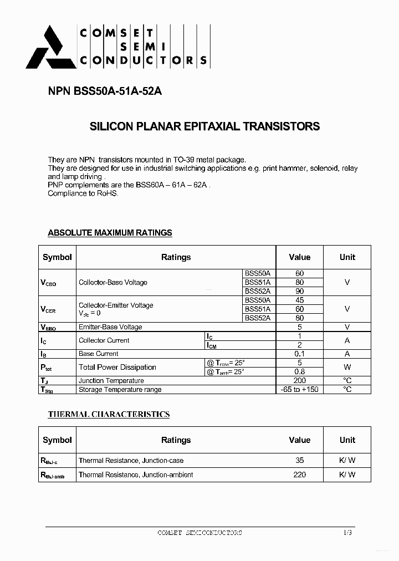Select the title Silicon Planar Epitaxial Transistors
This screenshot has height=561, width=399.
(204, 126)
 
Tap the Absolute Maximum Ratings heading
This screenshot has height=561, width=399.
(110, 233)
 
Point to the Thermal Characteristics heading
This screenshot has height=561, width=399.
(109, 414)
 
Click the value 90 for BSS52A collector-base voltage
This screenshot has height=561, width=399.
(299, 291)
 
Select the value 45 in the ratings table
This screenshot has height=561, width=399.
(299, 300)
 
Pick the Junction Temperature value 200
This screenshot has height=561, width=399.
(299, 381)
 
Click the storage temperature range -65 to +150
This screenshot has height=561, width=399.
(299, 390)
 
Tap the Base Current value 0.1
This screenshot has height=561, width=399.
(299, 354)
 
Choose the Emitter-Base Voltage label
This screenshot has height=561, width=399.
(110, 327)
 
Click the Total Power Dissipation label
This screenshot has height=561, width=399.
(117, 367)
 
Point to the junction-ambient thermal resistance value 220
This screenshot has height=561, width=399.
(299, 475)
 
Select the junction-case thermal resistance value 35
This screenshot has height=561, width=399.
(299, 460)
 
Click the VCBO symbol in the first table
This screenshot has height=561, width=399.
(48, 283)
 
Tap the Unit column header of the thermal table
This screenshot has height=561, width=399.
(347, 440)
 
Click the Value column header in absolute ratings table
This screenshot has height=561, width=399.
(299, 257)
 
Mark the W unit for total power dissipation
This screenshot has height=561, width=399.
(347, 367)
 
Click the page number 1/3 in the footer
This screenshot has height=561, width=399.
(347, 533)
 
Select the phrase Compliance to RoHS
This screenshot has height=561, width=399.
(83, 193)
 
